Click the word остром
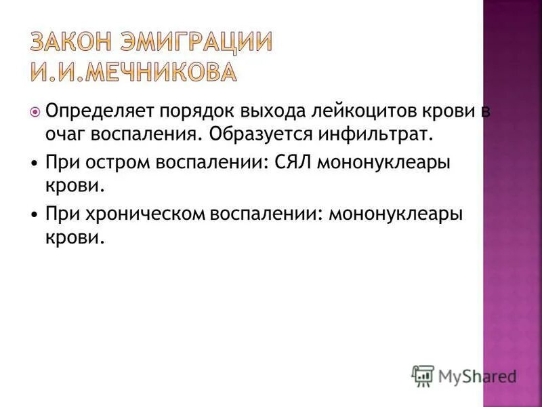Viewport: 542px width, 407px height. tap(114, 163)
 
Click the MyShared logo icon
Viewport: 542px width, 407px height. tap(423, 375)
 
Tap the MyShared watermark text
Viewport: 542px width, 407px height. tap(477, 375)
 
